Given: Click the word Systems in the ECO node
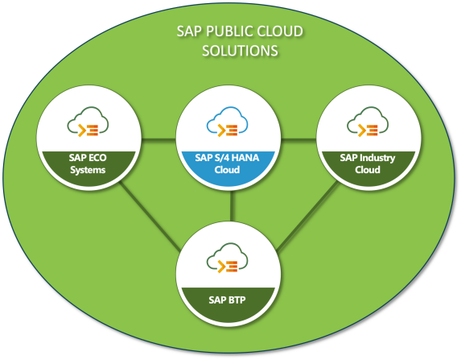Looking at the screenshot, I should tap(87, 169).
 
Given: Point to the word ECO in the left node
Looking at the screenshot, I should tap(96, 158).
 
